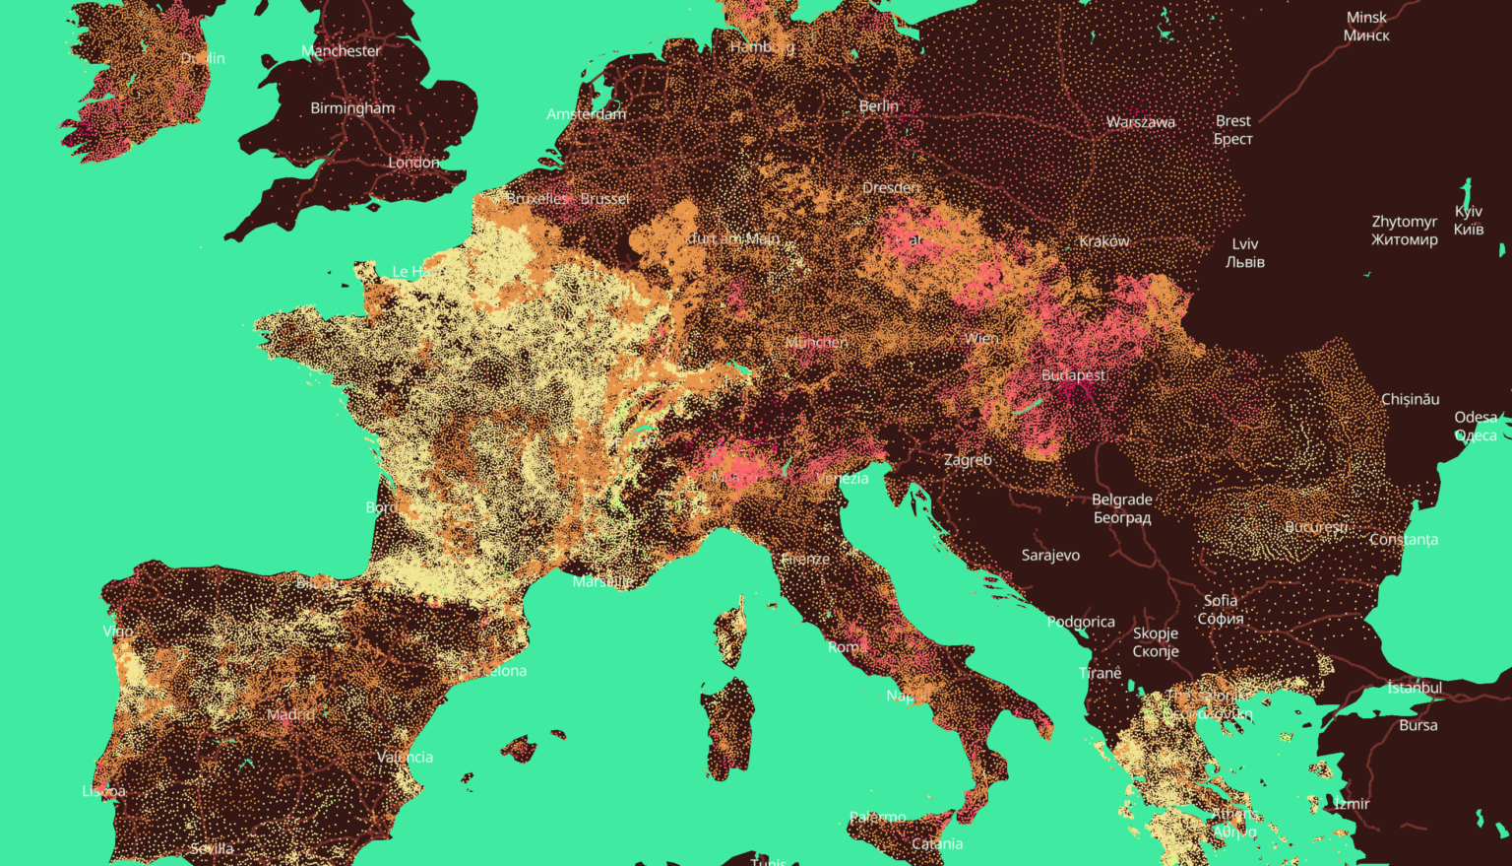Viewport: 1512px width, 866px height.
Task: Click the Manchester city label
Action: (341, 51)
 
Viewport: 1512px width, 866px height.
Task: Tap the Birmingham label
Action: (352, 108)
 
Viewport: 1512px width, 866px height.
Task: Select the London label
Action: (413, 163)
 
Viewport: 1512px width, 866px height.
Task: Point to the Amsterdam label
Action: (586, 114)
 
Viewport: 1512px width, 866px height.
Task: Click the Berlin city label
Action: (878, 106)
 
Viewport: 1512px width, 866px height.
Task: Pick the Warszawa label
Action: (1140, 122)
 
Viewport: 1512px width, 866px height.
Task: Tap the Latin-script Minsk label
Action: (1366, 18)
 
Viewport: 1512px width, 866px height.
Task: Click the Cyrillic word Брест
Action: (1232, 139)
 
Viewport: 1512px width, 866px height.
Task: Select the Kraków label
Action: (1103, 241)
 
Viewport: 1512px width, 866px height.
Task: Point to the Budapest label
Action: (1073, 375)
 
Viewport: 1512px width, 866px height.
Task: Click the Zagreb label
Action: (968, 460)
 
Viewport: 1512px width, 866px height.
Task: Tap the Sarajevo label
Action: (1050, 556)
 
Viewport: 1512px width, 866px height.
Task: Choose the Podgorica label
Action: (1081, 622)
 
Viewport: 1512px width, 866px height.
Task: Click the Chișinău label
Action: (1410, 399)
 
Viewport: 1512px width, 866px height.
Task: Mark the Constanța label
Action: (1403, 540)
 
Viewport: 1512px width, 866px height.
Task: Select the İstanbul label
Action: (1414, 688)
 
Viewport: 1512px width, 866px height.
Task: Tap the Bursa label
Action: (1417, 725)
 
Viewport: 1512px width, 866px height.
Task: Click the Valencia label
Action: (405, 758)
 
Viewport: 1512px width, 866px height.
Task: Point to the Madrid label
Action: (290, 714)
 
